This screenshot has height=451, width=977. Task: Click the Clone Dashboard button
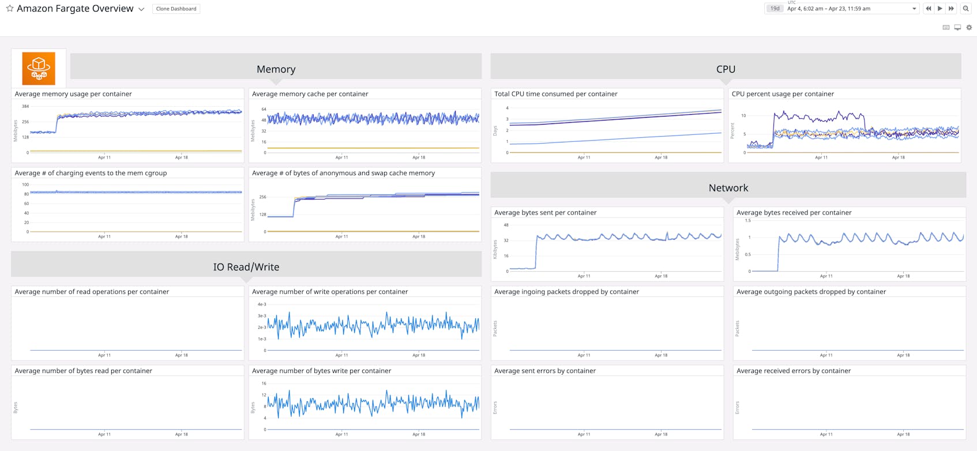click(176, 9)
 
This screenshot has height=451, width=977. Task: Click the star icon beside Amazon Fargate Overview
click(10, 9)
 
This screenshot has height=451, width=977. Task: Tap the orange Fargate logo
click(39, 68)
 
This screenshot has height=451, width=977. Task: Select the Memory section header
click(276, 69)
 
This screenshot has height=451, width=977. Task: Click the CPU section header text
click(726, 69)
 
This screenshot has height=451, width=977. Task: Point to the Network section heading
click(728, 188)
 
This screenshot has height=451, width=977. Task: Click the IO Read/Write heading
click(246, 267)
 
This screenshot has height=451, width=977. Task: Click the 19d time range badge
click(775, 9)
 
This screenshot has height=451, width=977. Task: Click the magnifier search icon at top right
click(965, 9)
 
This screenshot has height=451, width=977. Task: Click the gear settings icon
click(969, 28)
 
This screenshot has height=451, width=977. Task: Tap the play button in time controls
click(940, 9)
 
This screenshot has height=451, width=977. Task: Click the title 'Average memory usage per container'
click(73, 94)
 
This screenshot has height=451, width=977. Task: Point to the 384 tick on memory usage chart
click(25, 107)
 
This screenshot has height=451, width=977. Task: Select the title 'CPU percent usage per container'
click(783, 94)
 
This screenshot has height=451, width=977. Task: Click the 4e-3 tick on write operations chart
click(262, 305)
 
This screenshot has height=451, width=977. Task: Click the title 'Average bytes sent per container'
click(545, 213)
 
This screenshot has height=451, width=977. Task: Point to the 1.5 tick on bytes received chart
click(747, 220)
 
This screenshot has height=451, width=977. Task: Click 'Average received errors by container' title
click(793, 371)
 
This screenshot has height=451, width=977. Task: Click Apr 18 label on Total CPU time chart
click(661, 157)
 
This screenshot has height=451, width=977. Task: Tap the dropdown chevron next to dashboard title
click(141, 9)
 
